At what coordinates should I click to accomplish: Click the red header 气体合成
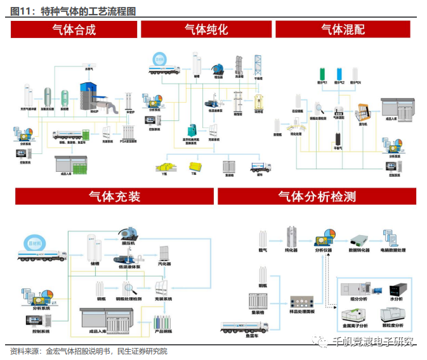pyautogui.click(x=75, y=29)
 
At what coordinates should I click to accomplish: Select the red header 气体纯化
pyautogui.click(x=206, y=29)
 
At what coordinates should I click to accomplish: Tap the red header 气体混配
pyautogui.click(x=343, y=29)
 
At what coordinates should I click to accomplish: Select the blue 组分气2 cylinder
pyautogui.click(x=340, y=72)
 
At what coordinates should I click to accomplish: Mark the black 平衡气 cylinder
pyautogui.click(x=339, y=139)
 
